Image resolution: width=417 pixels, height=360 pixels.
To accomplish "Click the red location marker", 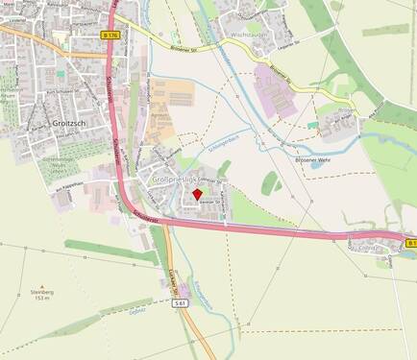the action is pyautogui.click(x=198, y=194).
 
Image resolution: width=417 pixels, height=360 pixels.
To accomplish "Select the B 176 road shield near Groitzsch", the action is pyautogui.click(x=110, y=35).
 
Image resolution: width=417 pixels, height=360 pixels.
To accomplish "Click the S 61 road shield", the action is pyautogui.click(x=179, y=302).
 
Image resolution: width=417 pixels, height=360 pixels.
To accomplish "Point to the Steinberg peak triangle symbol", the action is pyautogui.click(x=40, y=286).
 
